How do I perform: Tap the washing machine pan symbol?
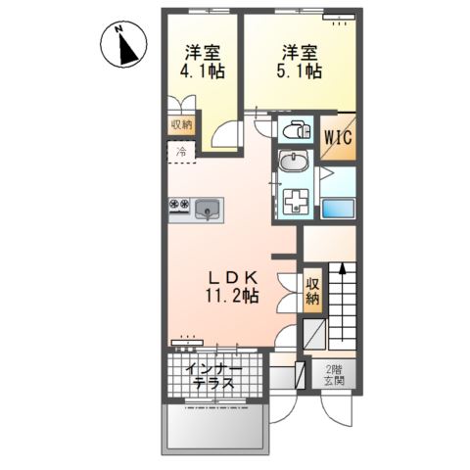(295, 202)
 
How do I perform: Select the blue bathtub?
(338, 209)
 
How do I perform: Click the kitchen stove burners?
(180, 206)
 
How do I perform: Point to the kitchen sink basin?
(209, 208)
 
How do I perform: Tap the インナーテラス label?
(213, 375)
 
